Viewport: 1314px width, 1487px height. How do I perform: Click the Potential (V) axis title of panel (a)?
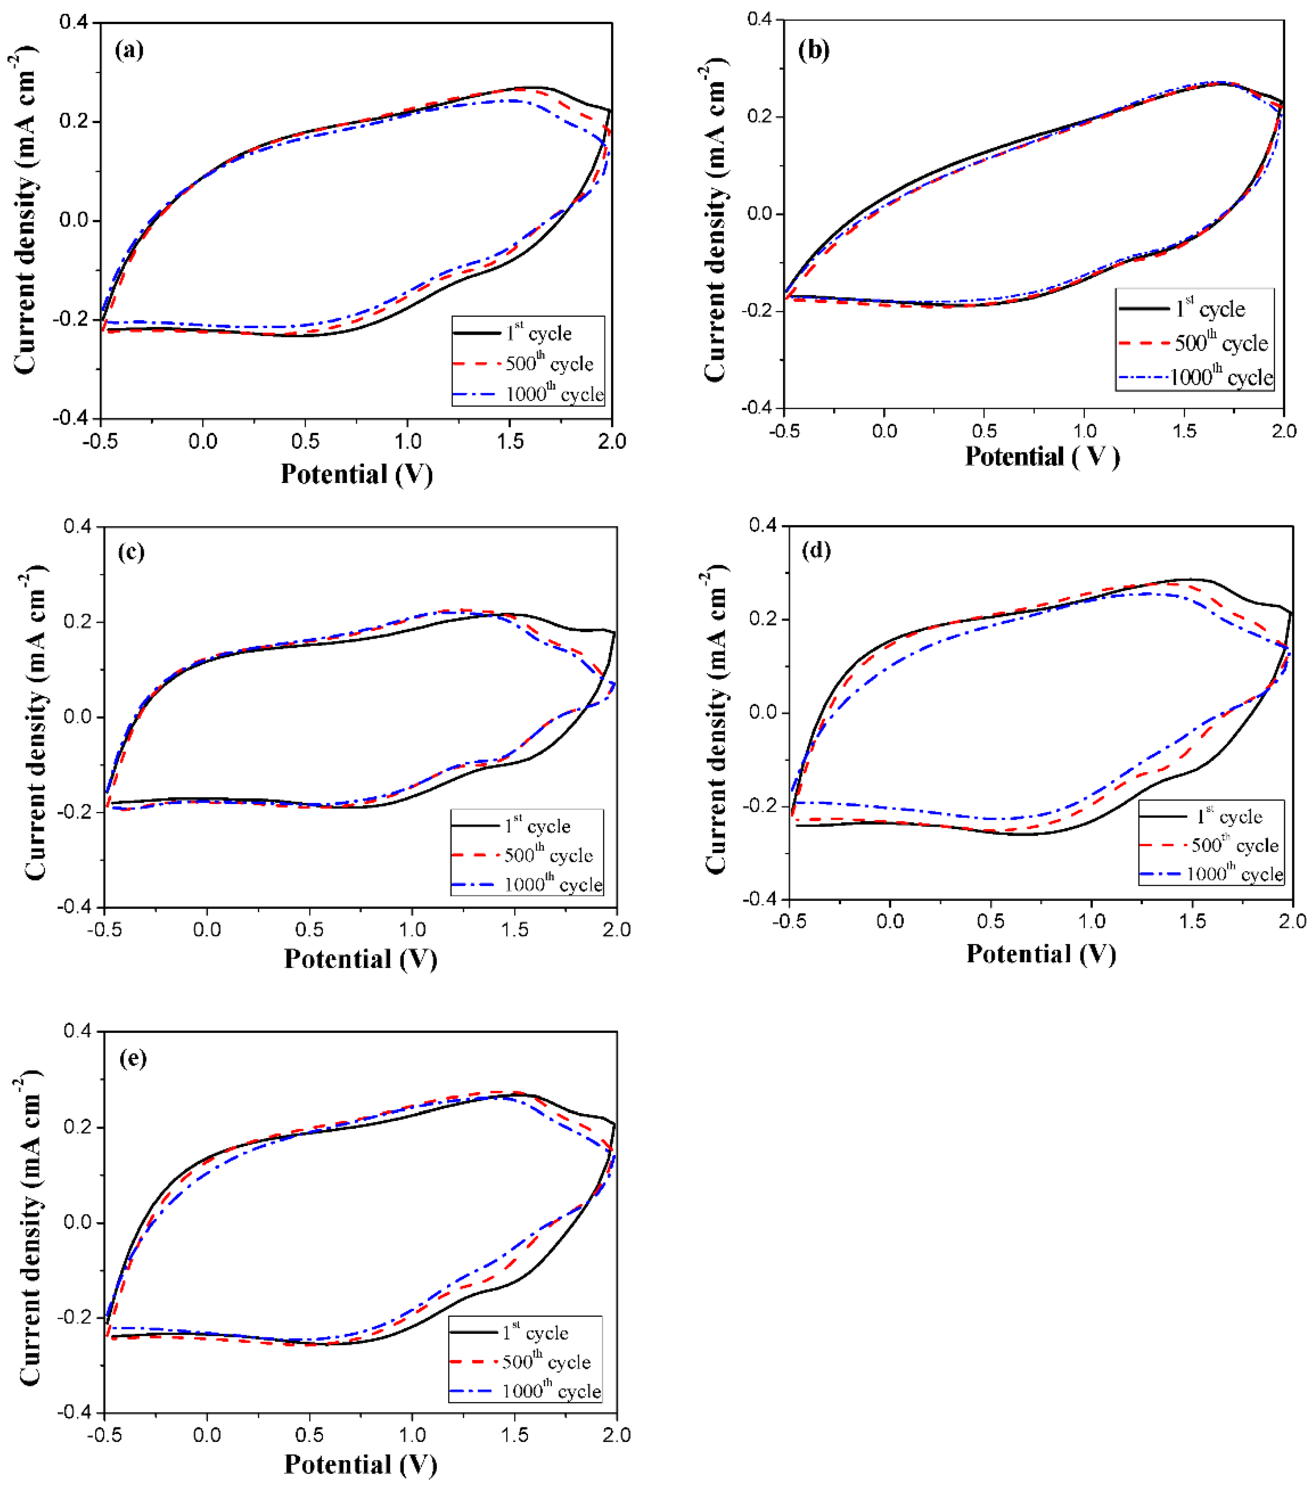356,474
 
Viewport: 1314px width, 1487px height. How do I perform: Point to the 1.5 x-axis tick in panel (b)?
1185,431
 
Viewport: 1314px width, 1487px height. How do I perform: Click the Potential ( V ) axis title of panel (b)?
1042,457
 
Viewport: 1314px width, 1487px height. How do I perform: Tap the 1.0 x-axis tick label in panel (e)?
412,1435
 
